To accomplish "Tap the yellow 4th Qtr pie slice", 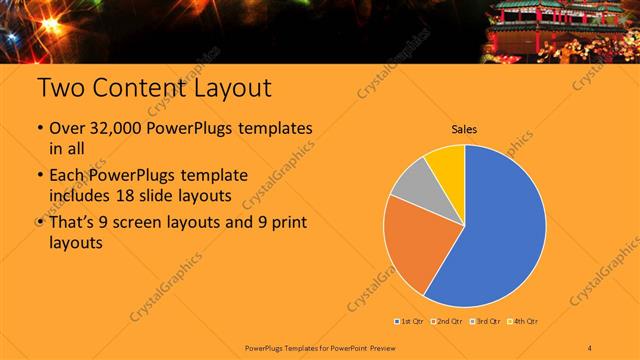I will point(446,163).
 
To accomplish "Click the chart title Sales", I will point(463,129).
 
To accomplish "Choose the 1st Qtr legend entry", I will point(412,320).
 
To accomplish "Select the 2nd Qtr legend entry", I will point(448,320).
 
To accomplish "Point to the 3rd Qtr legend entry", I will point(485,320).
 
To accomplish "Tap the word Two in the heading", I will point(61,88).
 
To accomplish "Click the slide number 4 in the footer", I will point(591,347).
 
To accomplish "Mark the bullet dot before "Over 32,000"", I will point(39,131).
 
